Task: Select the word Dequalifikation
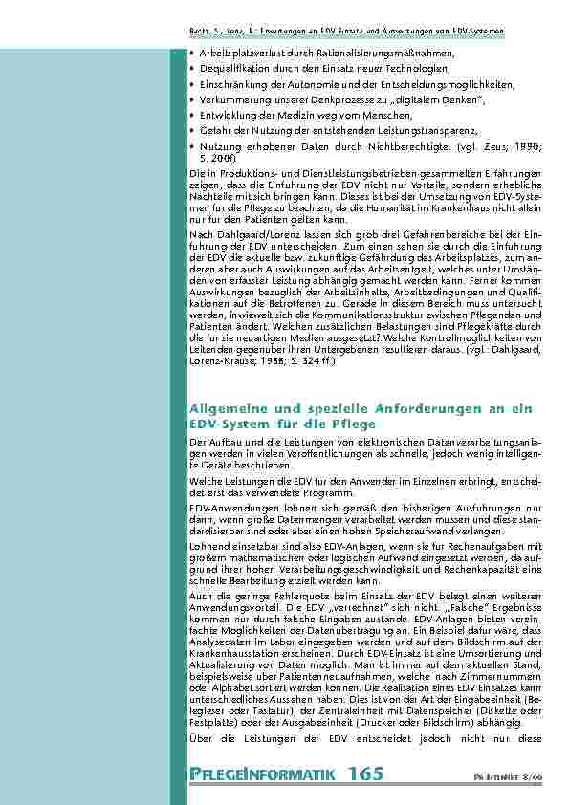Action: coord(229,68)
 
